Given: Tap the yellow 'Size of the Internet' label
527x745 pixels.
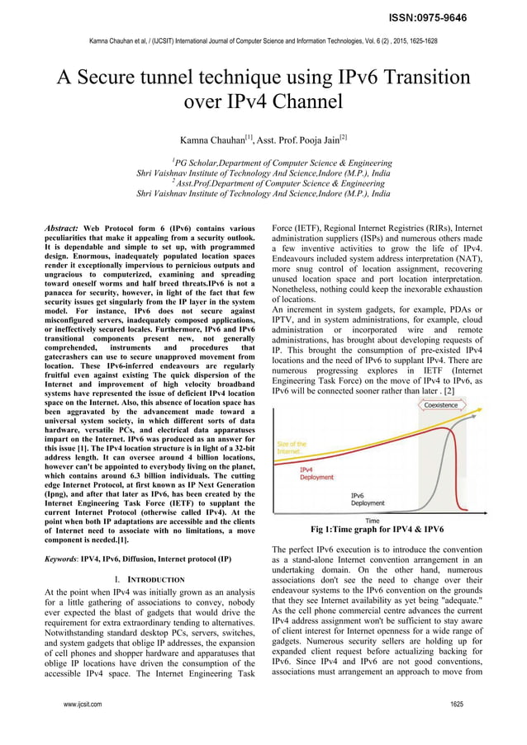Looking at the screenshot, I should pos(291,447).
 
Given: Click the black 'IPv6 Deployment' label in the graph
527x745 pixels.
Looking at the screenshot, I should pos(367,498).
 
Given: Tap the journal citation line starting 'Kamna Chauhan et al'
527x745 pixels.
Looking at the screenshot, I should pos(263,40).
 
